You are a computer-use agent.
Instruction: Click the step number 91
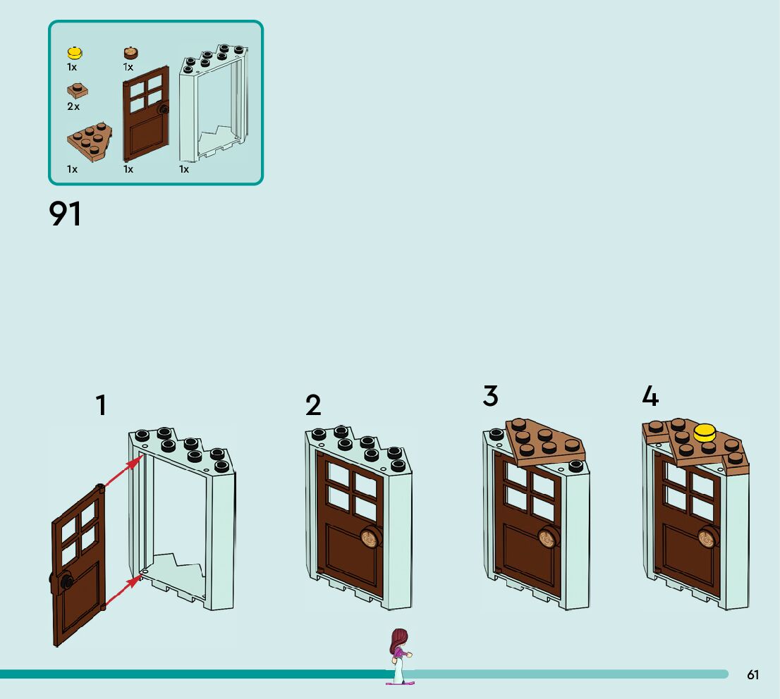tap(65, 214)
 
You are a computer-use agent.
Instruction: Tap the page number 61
tap(752, 675)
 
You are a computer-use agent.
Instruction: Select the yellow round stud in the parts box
tap(75, 53)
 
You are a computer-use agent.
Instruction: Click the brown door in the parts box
tap(146, 113)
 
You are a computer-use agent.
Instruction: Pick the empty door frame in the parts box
tap(214, 102)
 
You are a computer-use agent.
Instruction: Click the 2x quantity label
tap(73, 106)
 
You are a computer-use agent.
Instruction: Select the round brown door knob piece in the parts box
tap(131, 53)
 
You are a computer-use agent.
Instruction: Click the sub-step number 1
tap(102, 406)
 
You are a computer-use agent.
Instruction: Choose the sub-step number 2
tap(313, 406)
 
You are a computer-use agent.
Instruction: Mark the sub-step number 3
tap(490, 396)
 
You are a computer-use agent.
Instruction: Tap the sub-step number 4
tap(650, 396)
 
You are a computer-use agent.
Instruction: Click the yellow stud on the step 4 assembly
tap(705, 432)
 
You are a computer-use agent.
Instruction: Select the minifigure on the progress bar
tap(399, 655)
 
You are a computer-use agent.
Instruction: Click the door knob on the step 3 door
tap(548, 538)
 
